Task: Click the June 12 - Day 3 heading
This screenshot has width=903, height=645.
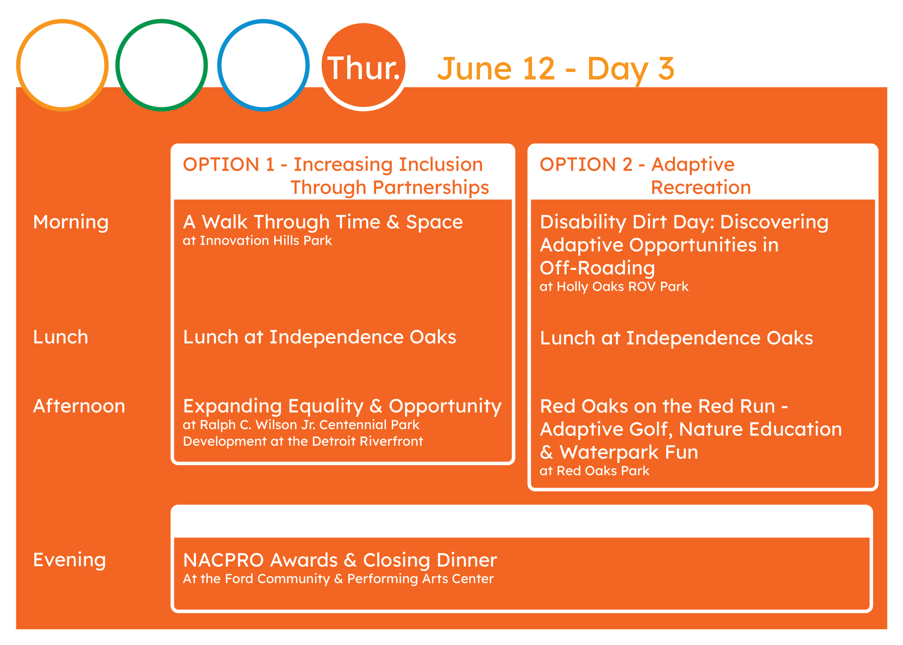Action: [556, 69]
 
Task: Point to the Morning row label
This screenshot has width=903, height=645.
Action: [71, 222]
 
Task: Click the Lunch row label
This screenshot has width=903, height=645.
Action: [61, 337]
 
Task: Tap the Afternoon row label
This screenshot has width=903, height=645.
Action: [79, 406]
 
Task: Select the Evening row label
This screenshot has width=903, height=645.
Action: [70, 560]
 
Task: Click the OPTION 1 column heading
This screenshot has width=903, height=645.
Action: [336, 175]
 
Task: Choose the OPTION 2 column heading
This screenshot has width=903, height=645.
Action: [645, 175]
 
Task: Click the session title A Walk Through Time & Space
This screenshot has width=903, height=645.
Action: [323, 222]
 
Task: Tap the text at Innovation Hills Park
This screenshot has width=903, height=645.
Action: [257, 241]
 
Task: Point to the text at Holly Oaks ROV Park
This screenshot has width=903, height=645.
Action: [614, 287]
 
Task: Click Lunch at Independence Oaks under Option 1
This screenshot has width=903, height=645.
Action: [320, 337]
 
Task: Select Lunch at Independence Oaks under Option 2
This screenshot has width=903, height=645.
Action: [676, 338]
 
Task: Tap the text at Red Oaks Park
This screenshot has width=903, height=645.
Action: [594, 471]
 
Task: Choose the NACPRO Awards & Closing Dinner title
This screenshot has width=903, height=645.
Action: [340, 560]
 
